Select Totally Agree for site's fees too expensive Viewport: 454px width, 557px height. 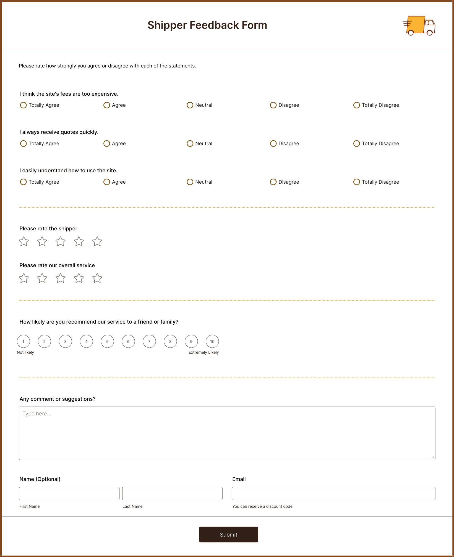(x=24, y=105)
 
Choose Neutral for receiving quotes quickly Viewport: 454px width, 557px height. (x=190, y=144)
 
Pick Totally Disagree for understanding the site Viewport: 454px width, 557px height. (x=357, y=182)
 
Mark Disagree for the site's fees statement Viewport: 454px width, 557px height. (x=273, y=105)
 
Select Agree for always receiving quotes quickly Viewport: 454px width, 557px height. (x=107, y=144)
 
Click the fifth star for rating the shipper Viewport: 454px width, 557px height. (x=97, y=241)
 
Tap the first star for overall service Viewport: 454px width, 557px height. (x=24, y=278)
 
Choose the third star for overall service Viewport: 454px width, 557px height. (x=61, y=278)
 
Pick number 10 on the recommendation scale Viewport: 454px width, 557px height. (x=212, y=341)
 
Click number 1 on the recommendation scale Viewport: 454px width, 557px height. (x=24, y=341)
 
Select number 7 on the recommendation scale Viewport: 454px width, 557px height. (x=149, y=341)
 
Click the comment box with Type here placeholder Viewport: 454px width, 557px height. (x=227, y=433)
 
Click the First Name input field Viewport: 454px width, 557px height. (x=69, y=493)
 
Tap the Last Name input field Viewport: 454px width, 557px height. (x=172, y=493)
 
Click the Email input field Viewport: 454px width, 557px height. (x=333, y=493)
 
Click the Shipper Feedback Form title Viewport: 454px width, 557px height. (x=207, y=25)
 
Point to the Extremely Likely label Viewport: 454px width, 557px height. (x=204, y=352)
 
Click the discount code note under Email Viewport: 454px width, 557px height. (x=263, y=506)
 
